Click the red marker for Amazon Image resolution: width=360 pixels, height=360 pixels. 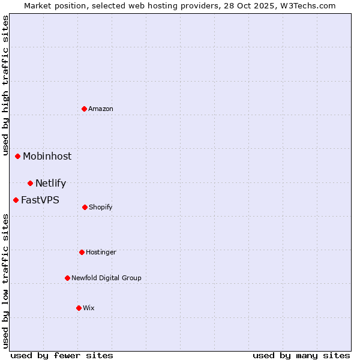85,109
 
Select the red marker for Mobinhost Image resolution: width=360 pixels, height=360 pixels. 18,156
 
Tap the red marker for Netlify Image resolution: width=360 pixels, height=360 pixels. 30,183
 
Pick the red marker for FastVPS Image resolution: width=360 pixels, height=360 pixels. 16,200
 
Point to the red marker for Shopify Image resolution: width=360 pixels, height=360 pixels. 85,207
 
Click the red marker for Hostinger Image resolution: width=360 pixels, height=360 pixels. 82,252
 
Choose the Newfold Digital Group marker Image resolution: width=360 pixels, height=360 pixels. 67,278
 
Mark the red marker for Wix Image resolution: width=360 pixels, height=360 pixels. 79,308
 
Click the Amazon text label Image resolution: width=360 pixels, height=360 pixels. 101,109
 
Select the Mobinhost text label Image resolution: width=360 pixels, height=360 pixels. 47,156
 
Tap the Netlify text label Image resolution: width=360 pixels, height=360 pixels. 50,183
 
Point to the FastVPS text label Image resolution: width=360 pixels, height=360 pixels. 40,200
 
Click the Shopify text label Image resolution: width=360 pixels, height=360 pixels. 101,207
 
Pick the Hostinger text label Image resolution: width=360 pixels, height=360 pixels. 101,252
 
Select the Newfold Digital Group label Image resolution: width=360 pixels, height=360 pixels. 106,278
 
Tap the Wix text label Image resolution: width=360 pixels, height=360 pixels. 89,308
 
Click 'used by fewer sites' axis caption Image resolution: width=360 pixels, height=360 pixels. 62,355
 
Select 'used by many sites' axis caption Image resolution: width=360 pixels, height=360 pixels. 301,355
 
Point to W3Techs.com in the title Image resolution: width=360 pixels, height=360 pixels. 305,5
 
